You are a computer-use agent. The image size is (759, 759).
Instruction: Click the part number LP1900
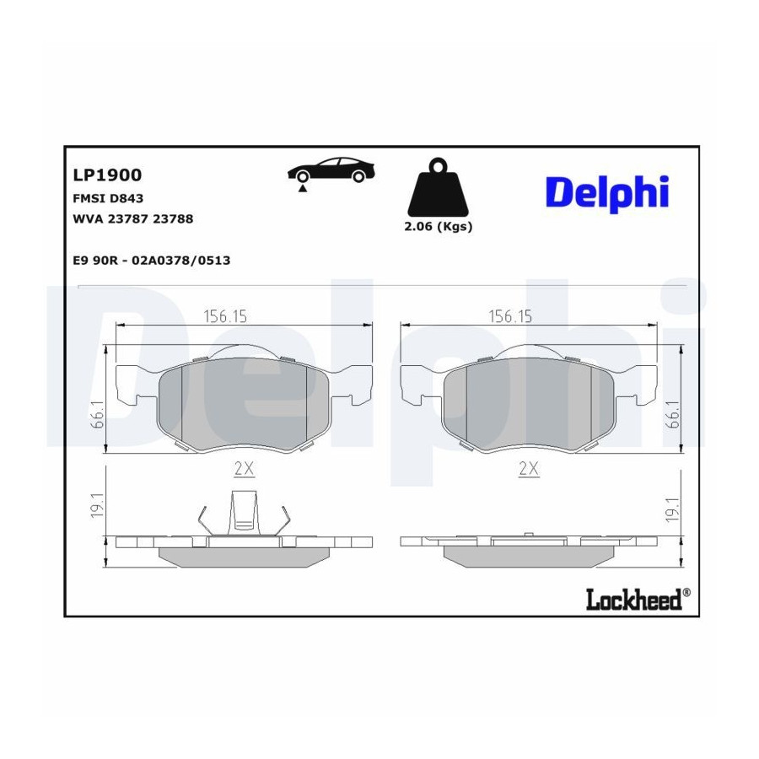click(x=107, y=175)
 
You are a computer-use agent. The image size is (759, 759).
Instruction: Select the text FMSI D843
click(x=108, y=198)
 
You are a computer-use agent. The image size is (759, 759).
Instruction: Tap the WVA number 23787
click(x=129, y=218)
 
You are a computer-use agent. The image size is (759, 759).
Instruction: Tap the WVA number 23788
click(x=173, y=218)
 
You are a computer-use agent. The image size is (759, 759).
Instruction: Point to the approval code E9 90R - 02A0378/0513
click(x=152, y=261)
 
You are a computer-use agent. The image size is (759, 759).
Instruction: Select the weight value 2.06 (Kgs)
click(x=438, y=227)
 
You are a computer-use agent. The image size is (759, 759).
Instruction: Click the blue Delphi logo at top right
click(x=607, y=194)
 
